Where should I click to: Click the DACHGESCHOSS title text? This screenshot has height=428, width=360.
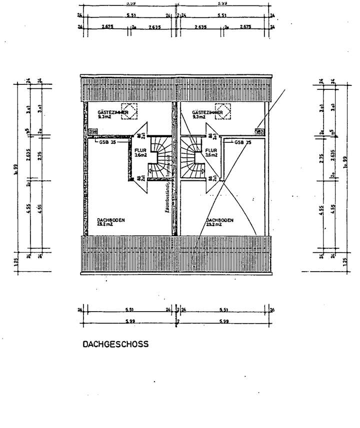pos(115,344)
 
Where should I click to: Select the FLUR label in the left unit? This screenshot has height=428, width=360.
pos(140,150)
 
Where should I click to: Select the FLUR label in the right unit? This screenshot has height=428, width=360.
pos(211,150)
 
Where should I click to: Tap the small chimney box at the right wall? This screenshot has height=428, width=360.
pos(259,132)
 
